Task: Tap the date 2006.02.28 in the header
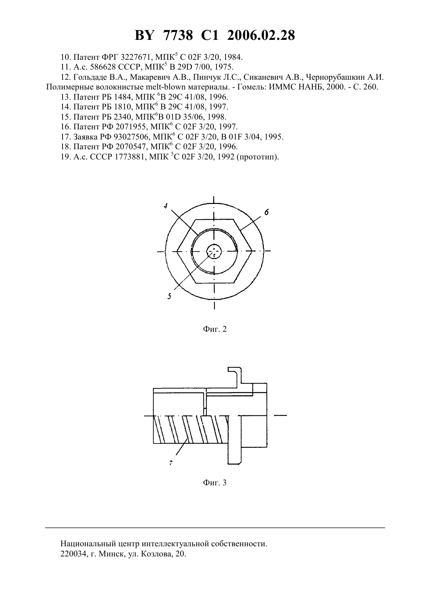click(x=261, y=36)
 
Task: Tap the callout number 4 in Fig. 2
click(x=166, y=206)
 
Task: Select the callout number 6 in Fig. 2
click(x=266, y=212)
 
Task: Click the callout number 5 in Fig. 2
click(x=169, y=296)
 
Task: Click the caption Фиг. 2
click(x=215, y=329)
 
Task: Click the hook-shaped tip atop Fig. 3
click(x=235, y=370)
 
